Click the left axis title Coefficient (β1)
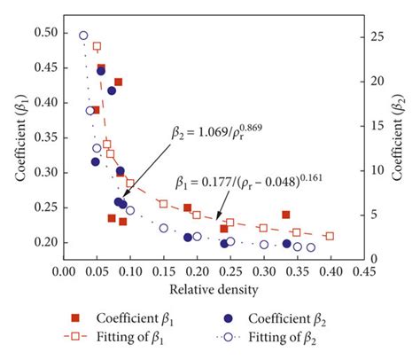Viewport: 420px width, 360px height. click(19, 146)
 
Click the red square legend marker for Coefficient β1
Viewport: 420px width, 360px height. click(78, 317)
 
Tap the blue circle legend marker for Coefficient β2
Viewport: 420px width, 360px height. click(229, 317)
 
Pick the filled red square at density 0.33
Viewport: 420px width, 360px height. click(285, 215)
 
